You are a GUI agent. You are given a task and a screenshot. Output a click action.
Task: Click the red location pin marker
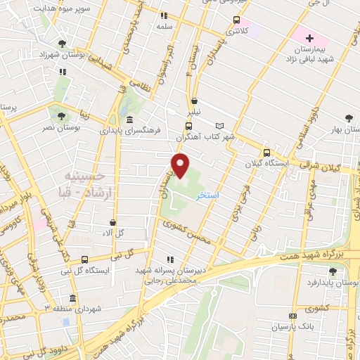click(x=181, y=166)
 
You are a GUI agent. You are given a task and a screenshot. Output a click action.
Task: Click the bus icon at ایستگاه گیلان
click(x=266, y=153)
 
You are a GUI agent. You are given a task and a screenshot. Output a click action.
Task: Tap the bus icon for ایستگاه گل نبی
click(x=85, y=259)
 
